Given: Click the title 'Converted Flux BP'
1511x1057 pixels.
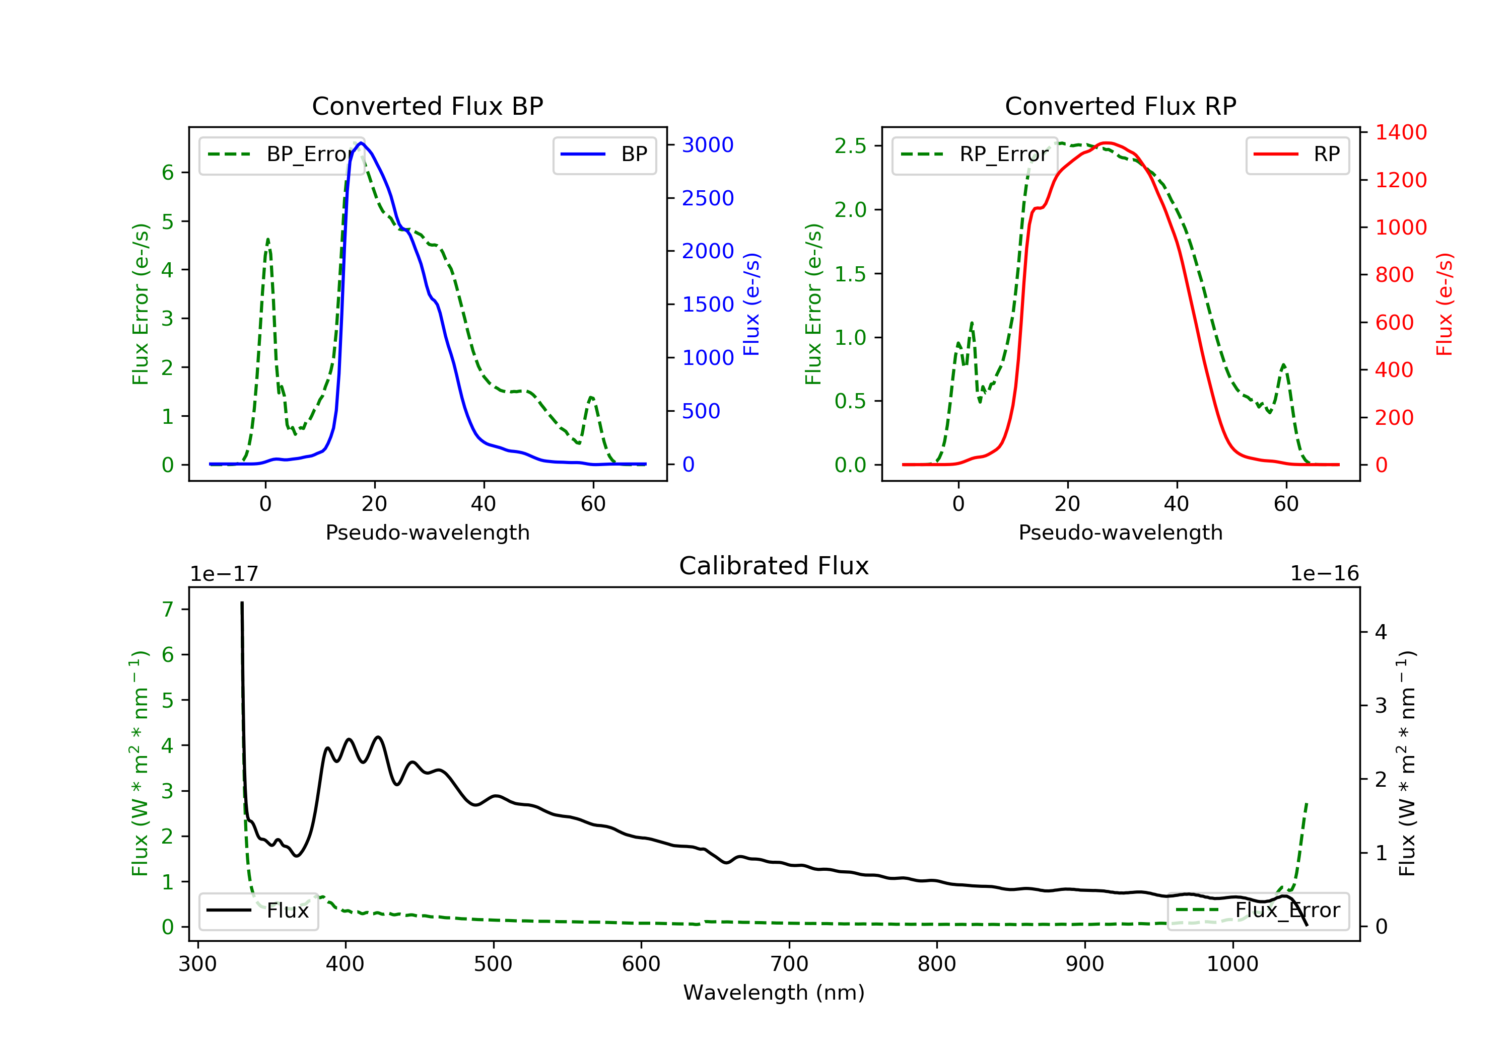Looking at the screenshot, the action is point(427,106).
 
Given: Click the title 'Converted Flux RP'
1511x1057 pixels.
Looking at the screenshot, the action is point(1120,106).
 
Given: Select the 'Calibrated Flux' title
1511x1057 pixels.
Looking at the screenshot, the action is point(774,566).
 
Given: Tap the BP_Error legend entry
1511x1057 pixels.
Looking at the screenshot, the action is point(282,155).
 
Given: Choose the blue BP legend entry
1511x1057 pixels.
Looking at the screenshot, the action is point(604,155).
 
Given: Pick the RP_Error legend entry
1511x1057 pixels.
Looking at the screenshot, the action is point(975,155).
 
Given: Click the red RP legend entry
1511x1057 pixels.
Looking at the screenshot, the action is point(1297,155).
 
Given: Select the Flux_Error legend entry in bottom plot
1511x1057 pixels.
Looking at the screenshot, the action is point(1258,911).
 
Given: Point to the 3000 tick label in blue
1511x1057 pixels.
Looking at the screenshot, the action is point(708,144).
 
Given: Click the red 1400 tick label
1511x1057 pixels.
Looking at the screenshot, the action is point(1401,132).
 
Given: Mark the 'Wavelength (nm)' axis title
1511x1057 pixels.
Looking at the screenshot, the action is point(774,993).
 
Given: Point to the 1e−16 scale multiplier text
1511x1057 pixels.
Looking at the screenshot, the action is point(1325,574).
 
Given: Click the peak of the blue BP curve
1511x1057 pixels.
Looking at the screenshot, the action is point(361,143).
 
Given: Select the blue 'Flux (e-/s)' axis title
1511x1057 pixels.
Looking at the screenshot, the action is point(751,305).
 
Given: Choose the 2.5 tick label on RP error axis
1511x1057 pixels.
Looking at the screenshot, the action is point(850,145).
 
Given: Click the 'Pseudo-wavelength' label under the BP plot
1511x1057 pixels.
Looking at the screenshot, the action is point(428,532).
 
